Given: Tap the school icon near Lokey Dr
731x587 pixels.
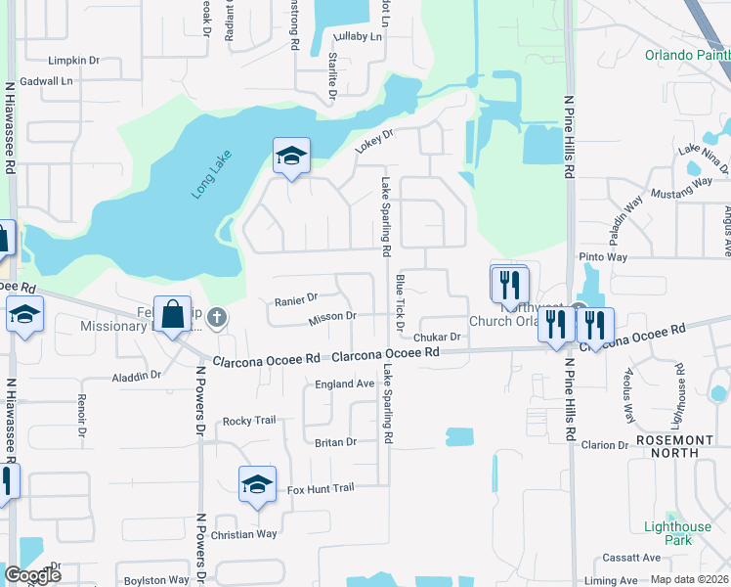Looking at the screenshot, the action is click(290, 156).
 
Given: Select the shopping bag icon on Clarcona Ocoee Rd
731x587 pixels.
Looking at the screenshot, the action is click(172, 315).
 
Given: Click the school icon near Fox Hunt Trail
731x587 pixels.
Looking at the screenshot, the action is click(258, 484).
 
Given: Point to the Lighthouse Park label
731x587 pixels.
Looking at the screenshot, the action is click(678, 533).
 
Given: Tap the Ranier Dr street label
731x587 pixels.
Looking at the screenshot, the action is click(296, 298).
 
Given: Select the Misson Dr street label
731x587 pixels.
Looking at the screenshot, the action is click(331, 318).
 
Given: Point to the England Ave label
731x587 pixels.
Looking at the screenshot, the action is click(344, 384).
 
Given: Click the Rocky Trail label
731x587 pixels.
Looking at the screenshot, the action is click(249, 421).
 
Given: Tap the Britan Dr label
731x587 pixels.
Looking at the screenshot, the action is click(335, 442).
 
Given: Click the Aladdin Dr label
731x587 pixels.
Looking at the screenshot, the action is click(136, 376).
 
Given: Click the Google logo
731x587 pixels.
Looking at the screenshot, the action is click(32, 575).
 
